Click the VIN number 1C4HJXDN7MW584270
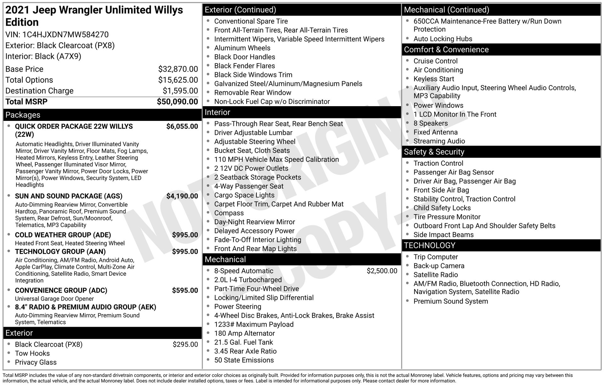(x=65, y=35)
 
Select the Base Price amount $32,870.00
(x=178, y=69)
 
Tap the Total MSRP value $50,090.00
(x=177, y=102)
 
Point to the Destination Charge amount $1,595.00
(x=180, y=91)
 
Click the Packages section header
(x=23, y=115)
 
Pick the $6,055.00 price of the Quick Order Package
(x=182, y=127)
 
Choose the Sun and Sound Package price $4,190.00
(x=182, y=196)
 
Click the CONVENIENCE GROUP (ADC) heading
(x=61, y=291)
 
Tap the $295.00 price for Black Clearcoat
(x=185, y=345)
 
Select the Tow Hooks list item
(x=32, y=353)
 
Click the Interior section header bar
(x=217, y=112)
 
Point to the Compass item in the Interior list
(x=229, y=213)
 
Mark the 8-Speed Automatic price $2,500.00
(x=382, y=271)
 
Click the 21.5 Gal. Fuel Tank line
(x=243, y=342)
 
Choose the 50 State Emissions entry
(x=244, y=360)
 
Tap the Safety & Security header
(x=434, y=152)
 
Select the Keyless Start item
(x=433, y=79)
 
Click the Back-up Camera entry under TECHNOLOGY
(x=439, y=266)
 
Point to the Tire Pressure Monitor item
(x=447, y=217)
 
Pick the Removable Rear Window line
(x=253, y=93)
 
